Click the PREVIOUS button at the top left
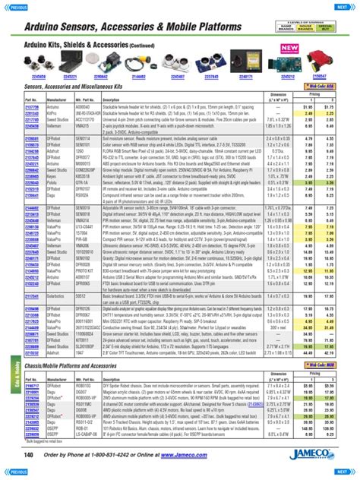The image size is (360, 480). point(18,6)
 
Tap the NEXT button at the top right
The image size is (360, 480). point(343,6)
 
